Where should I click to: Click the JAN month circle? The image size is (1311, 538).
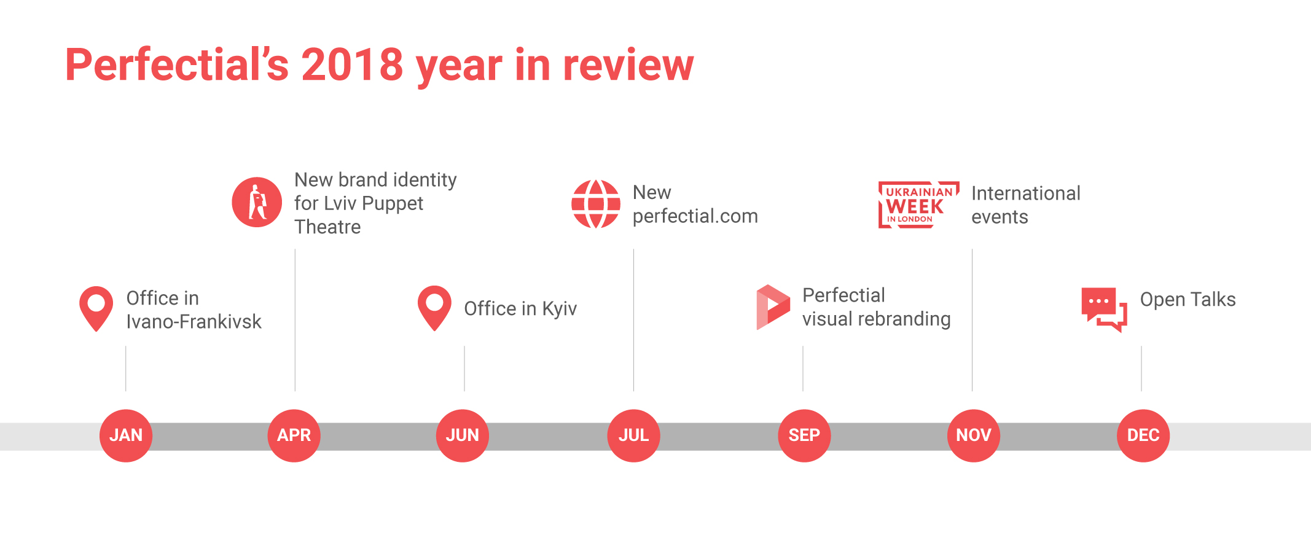click(126, 435)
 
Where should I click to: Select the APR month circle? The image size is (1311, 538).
click(294, 435)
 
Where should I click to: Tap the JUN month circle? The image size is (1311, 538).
click(463, 435)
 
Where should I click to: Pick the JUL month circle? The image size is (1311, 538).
click(633, 435)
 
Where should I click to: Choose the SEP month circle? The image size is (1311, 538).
click(804, 435)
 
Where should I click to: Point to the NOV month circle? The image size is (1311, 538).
click(974, 435)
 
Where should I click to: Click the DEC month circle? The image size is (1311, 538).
click(1143, 435)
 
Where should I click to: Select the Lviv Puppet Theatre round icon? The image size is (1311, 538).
click(257, 202)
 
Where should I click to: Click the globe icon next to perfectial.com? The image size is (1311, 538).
click(596, 204)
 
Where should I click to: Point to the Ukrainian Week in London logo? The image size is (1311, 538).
click(918, 205)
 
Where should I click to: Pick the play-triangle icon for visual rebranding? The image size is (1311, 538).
click(773, 307)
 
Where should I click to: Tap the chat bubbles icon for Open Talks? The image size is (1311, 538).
click(1104, 310)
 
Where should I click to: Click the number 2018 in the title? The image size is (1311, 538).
click(352, 64)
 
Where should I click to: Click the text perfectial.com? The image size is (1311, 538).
click(695, 216)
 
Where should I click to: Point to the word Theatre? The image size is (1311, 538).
click(327, 227)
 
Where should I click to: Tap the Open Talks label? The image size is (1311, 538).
click(1188, 299)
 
